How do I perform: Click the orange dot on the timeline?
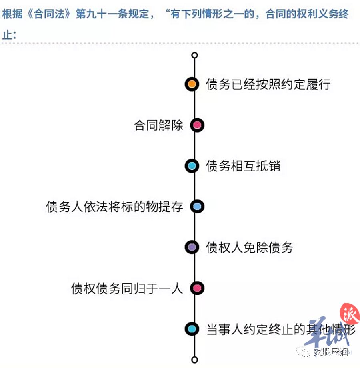click(192, 84)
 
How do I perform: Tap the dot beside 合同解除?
click(197, 125)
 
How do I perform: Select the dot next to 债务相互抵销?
click(192, 166)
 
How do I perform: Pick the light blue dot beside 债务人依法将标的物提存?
click(197, 207)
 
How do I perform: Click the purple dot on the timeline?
click(192, 247)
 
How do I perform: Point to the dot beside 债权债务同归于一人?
click(197, 288)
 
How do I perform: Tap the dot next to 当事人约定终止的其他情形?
click(192, 329)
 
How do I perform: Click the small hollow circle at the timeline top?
click(194, 55)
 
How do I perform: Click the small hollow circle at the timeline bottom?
click(194, 360)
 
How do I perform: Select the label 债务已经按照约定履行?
click(268, 84)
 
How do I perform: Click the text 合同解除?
click(159, 125)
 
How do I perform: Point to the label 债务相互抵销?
click(243, 166)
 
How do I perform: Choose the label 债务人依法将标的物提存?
click(115, 207)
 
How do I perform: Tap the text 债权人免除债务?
click(249, 247)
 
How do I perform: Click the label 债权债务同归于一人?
click(127, 288)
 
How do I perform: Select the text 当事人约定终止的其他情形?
click(281, 329)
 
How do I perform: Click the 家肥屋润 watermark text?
click(331, 352)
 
